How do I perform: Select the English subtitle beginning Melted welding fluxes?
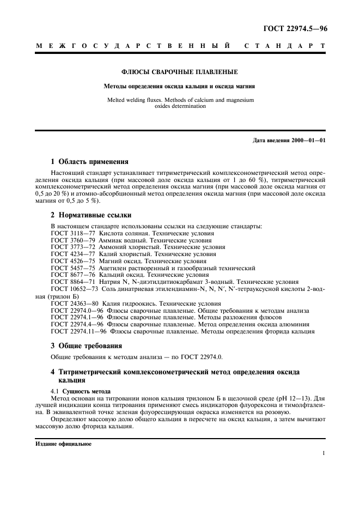pyautogui.click(x=180, y=104)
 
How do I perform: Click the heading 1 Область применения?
pyautogui.click(x=89, y=162)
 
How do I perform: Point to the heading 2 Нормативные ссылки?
pyautogui.click(x=91, y=215)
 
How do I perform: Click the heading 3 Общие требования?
pyautogui.click(x=86, y=345)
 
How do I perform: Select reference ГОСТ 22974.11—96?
pyautogui.click(x=78, y=331)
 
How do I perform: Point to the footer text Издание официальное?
pyautogui.click(x=63, y=444)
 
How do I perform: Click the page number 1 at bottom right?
pyautogui.click(x=324, y=454)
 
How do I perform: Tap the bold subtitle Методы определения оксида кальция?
pyautogui.click(x=180, y=86)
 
